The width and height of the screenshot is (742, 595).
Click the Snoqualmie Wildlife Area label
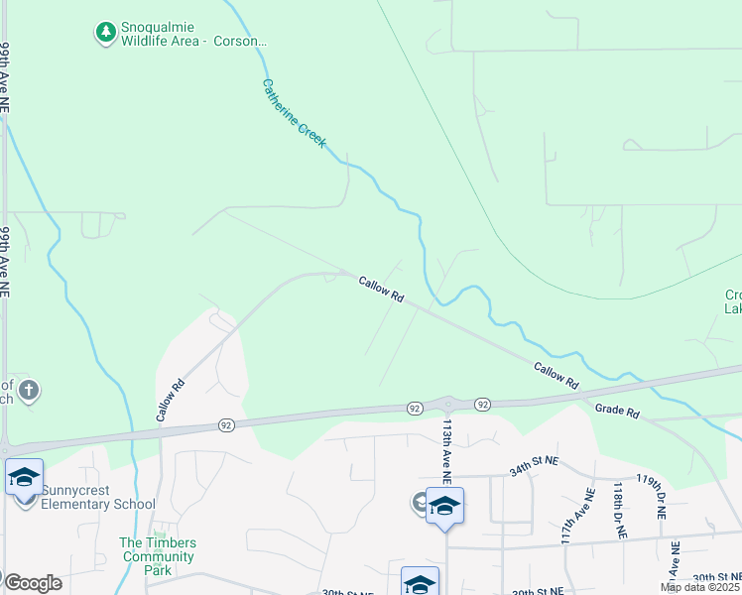(194, 34)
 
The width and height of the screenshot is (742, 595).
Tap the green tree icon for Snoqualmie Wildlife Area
(105, 34)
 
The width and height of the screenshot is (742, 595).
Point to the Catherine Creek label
(294, 114)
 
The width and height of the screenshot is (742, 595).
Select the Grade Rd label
(617, 410)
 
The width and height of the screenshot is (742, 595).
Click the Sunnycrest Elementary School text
(92, 504)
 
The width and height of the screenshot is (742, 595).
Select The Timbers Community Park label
(158, 556)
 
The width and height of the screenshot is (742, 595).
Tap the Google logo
(33, 583)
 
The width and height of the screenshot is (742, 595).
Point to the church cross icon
(28, 390)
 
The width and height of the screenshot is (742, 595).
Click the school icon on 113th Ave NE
(444, 507)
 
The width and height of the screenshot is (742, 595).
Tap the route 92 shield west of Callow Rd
(226, 425)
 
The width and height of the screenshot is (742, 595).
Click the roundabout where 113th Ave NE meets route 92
(447, 404)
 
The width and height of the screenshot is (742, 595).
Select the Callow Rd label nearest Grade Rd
(556, 374)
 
